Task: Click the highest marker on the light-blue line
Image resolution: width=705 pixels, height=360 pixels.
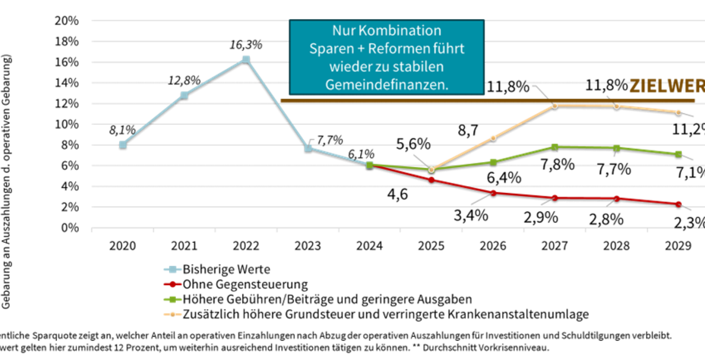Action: point(246,59)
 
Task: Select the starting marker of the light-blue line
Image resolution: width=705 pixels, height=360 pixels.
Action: point(123,144)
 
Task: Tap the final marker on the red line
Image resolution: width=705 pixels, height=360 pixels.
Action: point(679,204)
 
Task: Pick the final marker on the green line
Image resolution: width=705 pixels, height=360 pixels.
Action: point(679,154)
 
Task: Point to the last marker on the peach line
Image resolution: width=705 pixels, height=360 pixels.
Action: point(679,112)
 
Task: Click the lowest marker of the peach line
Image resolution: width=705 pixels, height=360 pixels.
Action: point(432,170)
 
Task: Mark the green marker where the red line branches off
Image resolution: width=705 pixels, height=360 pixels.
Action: point(370,165)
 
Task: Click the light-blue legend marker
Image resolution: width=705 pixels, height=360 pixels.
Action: point(173,270)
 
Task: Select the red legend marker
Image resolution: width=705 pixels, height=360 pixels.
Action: point(173,285)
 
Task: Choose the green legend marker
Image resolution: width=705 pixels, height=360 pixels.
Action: point(173,300)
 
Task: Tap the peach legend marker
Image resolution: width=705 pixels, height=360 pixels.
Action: point(173,314)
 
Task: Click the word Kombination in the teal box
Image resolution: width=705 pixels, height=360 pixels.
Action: point(400,30)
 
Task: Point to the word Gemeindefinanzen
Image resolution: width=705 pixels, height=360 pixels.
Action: point(387,85)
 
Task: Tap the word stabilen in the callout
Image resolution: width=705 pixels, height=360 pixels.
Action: point(418,67)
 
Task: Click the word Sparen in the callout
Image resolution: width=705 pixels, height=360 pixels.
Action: point(326,49)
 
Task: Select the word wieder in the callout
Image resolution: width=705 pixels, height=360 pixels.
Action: point(347,67)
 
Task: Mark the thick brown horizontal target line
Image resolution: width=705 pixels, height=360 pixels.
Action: point(477,100)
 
